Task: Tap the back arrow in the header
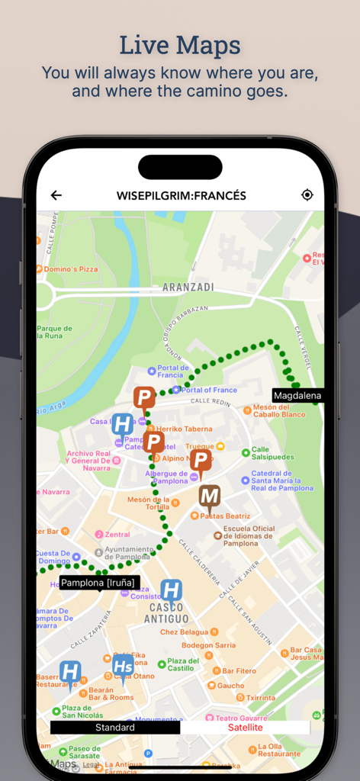click(x=56, y=195)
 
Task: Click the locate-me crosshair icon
click(x=307, y=195)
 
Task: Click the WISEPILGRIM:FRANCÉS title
click(x=182, y=196)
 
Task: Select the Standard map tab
click(x=115, y=728)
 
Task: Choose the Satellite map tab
click(x=246, y=728)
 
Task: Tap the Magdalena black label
click(x=297, y=396)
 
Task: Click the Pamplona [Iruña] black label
click(x=98, y=583)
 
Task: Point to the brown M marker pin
click(x=210, y=498)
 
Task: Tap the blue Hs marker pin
click(x=123, y=666)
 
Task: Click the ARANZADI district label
click(x=188, y=288)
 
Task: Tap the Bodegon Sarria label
click(x=208, y=645)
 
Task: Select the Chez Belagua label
click(x=184, y=632)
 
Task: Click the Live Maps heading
click(x=180, y=46)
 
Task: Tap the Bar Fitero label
click(x=239, y=671)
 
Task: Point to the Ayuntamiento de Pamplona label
click(x=127, y=552)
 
